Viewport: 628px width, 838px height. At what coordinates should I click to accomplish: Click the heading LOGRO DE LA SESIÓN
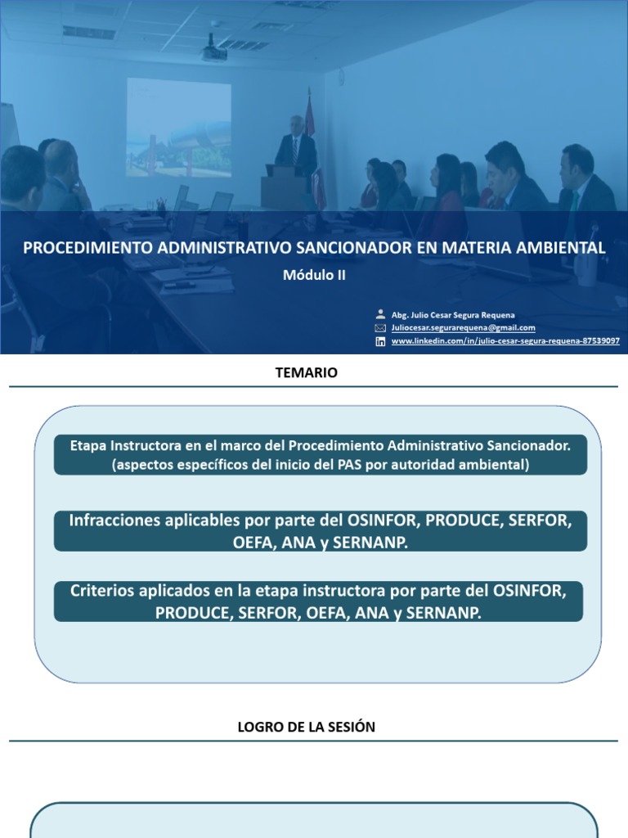pyautogui.click(x=307, y=727)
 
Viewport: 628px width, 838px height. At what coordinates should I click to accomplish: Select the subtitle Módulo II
pyautogui.click(x=314, y=275)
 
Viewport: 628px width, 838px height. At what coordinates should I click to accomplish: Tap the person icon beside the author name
pyautogui.click(x=380, y=314)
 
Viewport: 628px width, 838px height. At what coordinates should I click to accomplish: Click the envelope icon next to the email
pyautogui.click(x=380, y=327)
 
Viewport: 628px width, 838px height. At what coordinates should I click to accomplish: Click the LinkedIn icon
pyautogui.click(x=380, y=341)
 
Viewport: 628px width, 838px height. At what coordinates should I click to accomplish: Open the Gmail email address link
pyautogui.click(x=463, y=327)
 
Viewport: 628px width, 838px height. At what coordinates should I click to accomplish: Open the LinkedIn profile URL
pyautogui.click(x=505, y=341)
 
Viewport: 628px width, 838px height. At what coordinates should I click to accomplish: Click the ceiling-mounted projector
pyautogui.click(x=214, y=51)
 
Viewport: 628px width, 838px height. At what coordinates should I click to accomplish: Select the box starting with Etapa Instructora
pyautogui.click(x=320, y=455)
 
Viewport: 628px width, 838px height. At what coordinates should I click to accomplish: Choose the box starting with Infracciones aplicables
pyautogui.click(x=320, y=531)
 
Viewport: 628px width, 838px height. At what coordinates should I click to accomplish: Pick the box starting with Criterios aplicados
pyautogui.click(x=320, y=601)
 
